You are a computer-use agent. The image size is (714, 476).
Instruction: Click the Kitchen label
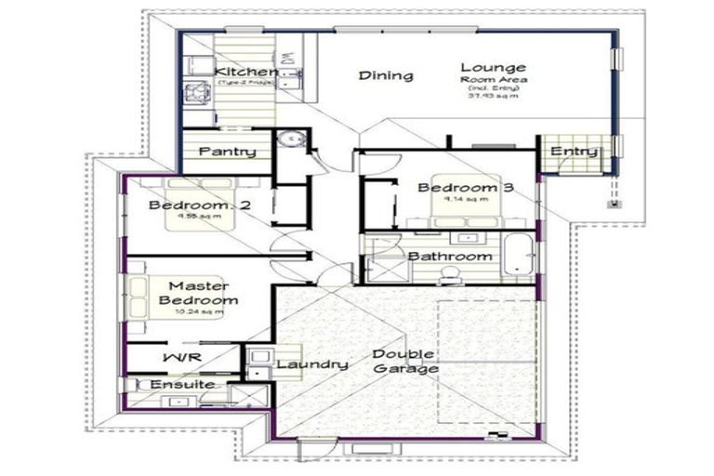point(245,72)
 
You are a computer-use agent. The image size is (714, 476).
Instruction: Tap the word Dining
point(386,75)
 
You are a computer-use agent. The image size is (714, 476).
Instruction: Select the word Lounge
point(493,67)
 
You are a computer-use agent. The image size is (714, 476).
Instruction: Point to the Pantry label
point(227,151)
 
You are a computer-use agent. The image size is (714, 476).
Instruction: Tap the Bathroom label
point(450,256)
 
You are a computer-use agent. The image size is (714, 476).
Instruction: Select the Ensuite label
point(181,384)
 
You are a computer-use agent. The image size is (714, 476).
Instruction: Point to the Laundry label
point(311,364)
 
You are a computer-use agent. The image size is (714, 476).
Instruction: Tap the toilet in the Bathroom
point(450,272)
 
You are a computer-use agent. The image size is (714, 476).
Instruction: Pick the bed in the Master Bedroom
point(153,299)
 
